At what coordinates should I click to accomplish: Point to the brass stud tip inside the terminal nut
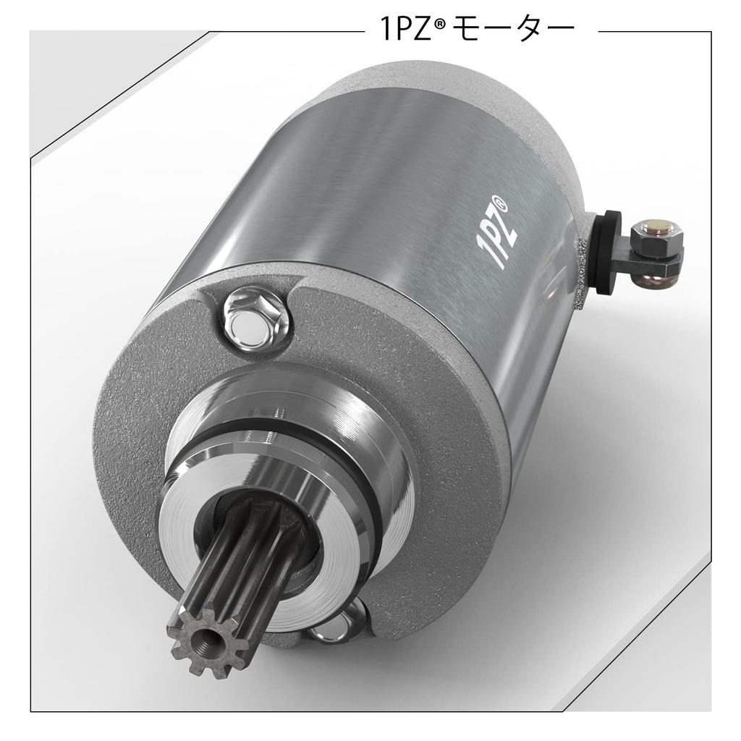point(661,226)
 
